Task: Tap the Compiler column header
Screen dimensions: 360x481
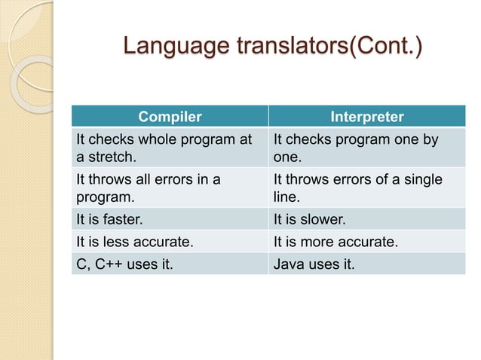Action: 170,117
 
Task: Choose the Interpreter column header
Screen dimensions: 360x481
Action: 367,117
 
